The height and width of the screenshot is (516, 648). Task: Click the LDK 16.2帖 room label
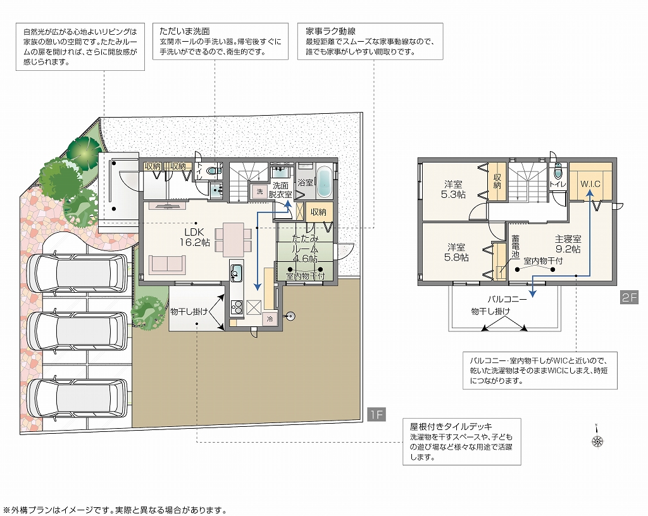point(195,237)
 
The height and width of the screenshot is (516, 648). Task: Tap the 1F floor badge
point(376,414)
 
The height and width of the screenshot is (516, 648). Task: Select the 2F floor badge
point(629,298)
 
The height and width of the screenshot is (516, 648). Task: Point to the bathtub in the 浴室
point(325,182)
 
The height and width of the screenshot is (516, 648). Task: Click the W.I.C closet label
point(590,184)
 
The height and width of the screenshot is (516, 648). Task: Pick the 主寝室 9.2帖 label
point(568,244)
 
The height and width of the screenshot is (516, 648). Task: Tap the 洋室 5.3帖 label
point(453,190)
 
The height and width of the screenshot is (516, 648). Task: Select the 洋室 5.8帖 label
point(456,252)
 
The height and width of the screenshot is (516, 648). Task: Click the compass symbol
point(597,438)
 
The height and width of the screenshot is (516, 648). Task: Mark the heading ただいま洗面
point(185,31)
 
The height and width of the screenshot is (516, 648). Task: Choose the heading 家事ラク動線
point(330,31)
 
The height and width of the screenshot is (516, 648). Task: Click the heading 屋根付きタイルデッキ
point(451,426)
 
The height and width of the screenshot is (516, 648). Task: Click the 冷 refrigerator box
point(270,319)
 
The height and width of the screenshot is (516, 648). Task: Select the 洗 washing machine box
point(259,192)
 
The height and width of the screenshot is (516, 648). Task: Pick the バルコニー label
point(507,299)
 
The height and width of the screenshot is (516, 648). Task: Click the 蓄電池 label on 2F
point(515,247)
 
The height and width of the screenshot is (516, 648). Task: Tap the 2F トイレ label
point(558,184)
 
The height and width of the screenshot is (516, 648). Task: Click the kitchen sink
point(236,272)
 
